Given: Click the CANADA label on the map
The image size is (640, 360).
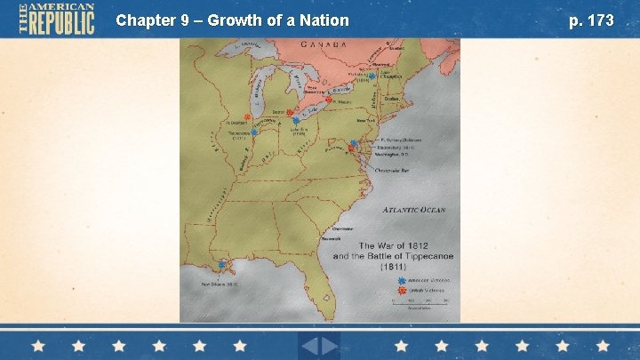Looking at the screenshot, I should tap(324, 44).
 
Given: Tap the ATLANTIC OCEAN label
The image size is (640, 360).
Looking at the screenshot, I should tap(414, 211).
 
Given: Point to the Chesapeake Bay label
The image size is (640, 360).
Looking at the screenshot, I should tap(393, 169).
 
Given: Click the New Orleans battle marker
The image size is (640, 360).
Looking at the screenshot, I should tap(220, 264).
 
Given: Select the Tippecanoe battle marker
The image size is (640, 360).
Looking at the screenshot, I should tap(254, 132).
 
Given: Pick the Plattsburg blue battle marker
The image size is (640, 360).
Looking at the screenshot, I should tap(372, 76).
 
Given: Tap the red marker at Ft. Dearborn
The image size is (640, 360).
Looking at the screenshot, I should tap(236, 116).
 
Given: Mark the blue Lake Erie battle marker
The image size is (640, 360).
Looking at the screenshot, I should tap(296, 120).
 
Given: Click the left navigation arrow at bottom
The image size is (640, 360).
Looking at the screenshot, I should tap(308, 345).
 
